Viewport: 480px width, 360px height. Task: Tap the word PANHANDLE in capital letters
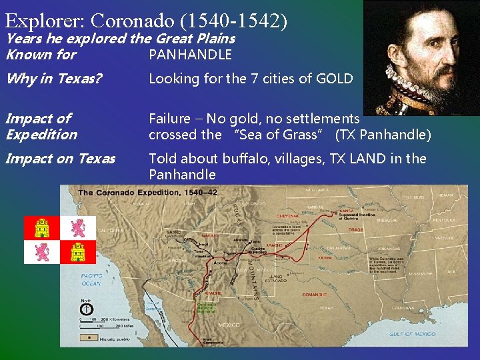pos(190,55)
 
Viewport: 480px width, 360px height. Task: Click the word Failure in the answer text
pos(169,119)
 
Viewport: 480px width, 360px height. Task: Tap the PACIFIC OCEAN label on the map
pos(91,279)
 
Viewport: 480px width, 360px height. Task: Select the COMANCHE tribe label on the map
pos(313,293)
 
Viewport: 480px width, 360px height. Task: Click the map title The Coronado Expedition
pos(148,193)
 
